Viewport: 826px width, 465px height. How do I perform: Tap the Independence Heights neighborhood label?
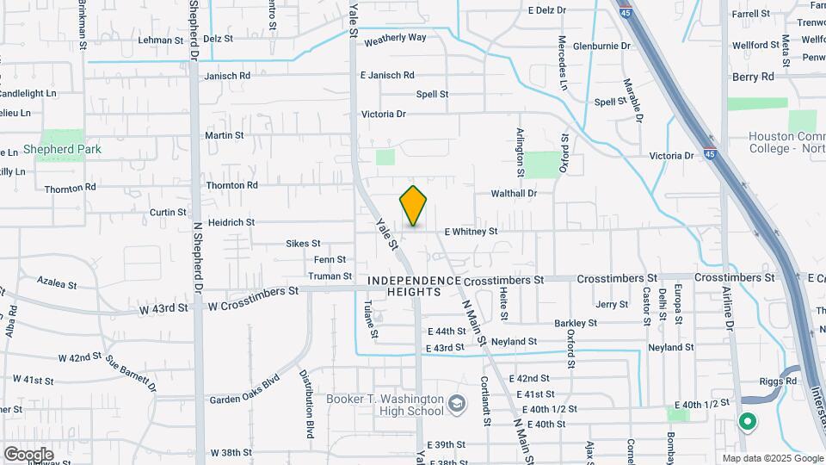415,287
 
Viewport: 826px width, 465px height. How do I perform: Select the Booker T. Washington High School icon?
458,404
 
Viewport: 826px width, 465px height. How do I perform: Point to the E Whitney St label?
471,232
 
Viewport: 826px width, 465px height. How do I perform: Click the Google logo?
28,454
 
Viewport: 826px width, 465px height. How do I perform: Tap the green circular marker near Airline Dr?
747,422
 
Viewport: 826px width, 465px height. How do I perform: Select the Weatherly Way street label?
396,39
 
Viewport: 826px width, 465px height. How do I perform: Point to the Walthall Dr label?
514,194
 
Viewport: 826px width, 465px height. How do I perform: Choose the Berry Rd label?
754,77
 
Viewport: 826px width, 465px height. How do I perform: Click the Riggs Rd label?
779,381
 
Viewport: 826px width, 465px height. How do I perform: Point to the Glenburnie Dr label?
601,46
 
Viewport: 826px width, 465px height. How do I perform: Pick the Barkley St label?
576,323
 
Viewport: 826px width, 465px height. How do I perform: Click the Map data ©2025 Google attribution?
772,458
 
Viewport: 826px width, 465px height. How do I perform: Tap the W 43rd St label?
163,307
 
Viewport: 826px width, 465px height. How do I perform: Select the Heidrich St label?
231,222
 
